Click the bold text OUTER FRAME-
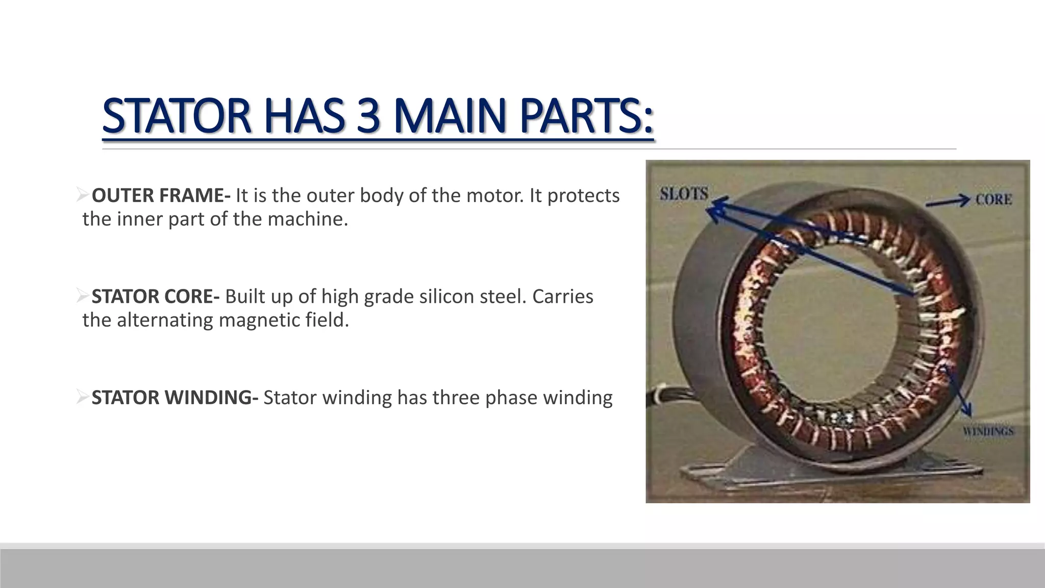pyautogui.click(x=161, y=195)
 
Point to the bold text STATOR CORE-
pyautogui.click(x=156, y=297)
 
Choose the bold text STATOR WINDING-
pyautogui.click(x=175, y=398)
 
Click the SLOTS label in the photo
pyautogui.click(x=684, y=194)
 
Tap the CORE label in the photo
pyautogui.click(x=993, y=200)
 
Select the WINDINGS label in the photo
pyautogui.click(x=988, y=432)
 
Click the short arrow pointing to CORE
pyautogui.click(x=948, y=202)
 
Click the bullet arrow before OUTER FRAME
pyautogui.click(x=83, y=194)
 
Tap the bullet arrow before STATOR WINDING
pyautogui.click(x=83, y=397)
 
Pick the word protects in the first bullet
pyautogui.click(x=583, y=196)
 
